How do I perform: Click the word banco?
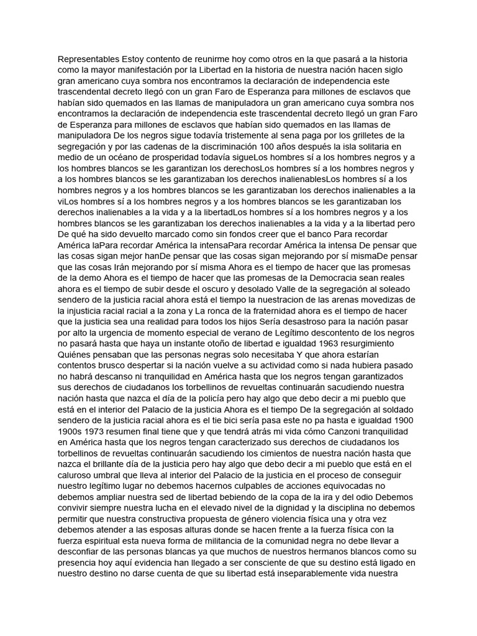[316, 234]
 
